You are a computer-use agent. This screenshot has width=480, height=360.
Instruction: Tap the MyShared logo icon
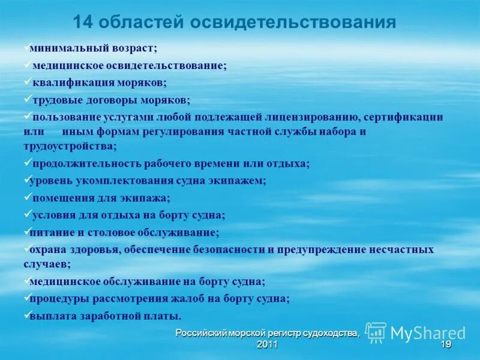376,332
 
